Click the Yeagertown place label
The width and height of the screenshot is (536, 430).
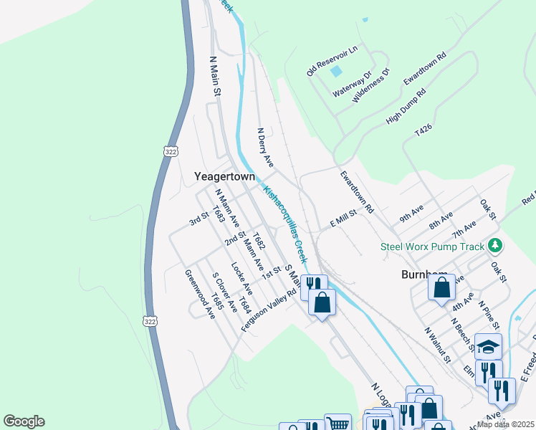pyautogui.click(x=225, y=176)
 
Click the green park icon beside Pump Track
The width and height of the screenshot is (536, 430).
pyautogui.click(x=494, y=247)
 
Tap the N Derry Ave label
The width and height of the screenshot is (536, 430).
pyautogui.click(x=266, y=148)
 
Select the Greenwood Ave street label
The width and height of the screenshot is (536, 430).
pyautogui.click(x=199, y=295)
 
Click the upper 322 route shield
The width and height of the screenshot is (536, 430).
pyautogui.click(x=170, y=152)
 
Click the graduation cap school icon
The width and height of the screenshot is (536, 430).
pyautogui.click(x=488, y=347)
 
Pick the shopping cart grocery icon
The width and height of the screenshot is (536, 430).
pyautogui.click(x=338, y=424)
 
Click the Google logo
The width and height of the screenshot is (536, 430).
pyautogui.click(x=24, y=421)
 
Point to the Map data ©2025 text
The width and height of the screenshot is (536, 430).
pyautogui.click(x=505, y=424)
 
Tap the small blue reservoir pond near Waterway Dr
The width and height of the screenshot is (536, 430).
pyautogui.click(x=335, y=71)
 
